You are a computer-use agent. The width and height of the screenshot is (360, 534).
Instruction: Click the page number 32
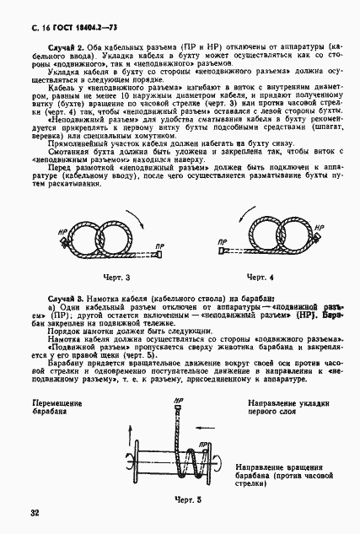[x=35, y=512]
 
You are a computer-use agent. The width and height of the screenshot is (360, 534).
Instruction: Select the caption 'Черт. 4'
[x=261, y=277]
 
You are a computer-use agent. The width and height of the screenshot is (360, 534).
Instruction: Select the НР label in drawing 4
[x=316, y=228]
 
